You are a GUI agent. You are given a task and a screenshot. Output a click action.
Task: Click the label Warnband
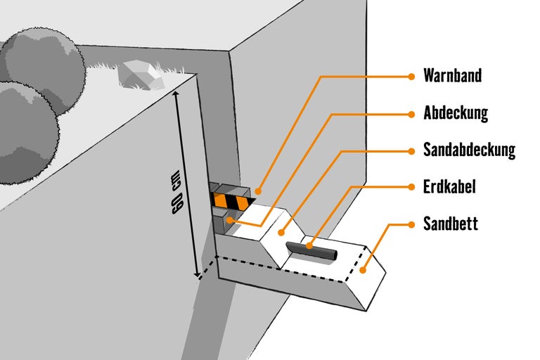pos(453,76)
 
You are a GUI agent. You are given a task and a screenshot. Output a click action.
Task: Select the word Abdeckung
pos(456,113)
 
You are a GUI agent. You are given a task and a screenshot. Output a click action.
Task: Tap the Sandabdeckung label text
pos(469,150)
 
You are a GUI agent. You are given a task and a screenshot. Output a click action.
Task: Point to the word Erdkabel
pos(450,187)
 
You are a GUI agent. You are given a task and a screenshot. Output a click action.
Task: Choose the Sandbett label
pos(451,224)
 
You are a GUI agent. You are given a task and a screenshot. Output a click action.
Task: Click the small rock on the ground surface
pos(139,74)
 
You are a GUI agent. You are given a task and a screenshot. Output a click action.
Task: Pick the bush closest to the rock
pos(44,63)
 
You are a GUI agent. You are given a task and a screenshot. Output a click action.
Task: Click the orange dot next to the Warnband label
pos(411,76)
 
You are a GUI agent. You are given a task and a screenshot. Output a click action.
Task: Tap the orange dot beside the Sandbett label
pos(411,224)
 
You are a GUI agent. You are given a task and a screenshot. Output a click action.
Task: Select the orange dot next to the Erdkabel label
pos(411,187)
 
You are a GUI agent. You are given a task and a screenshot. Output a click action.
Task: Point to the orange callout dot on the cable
pos(309,246)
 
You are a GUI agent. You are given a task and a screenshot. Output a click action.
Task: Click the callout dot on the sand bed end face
pos(363,269)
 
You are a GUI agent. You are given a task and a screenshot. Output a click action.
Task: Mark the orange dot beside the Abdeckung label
pos(411,113)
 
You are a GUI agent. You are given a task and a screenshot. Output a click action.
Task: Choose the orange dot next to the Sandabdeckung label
pos(411,150)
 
